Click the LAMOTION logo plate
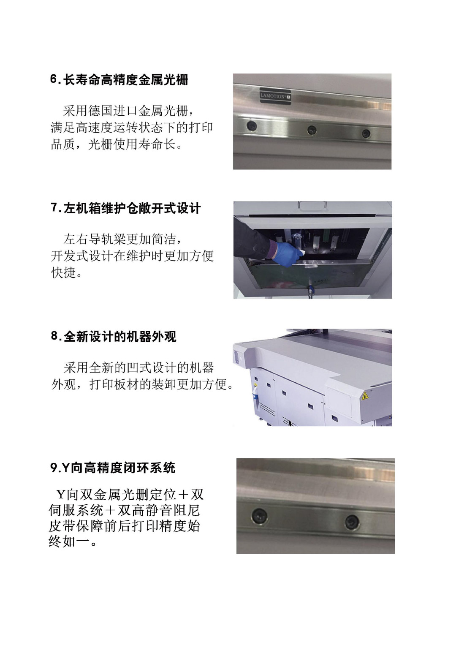(275, 95)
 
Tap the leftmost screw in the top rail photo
(252, 125)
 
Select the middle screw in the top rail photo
(312, 130)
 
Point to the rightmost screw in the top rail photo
(366, 133)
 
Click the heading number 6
(54, 79)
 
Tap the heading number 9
(54, 468)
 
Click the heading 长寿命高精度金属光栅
(126, 79)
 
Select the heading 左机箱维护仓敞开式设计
(132, 208)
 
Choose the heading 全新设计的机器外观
(120, 337)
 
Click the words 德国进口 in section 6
(113, 111)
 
